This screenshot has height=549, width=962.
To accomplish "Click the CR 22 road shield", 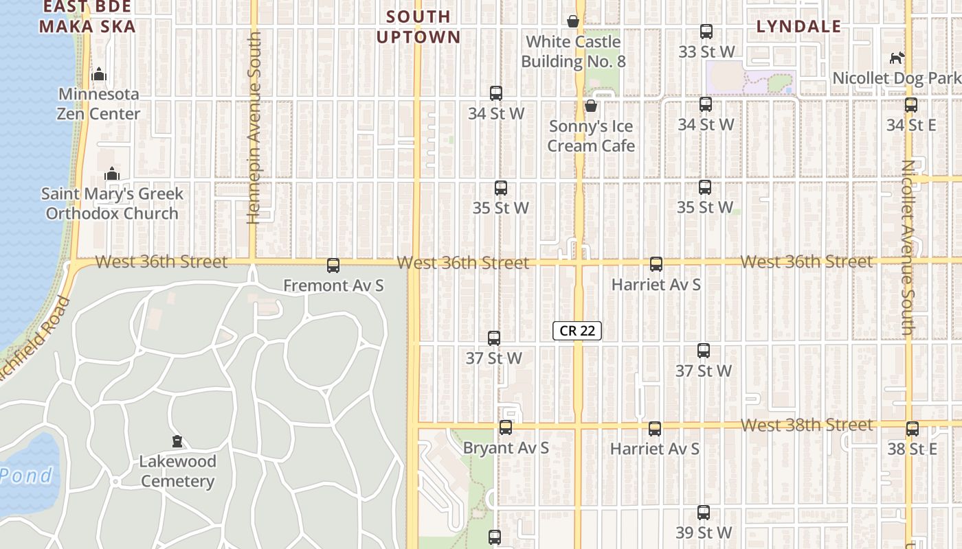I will click(577, 331).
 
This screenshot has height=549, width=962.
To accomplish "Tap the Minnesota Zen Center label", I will click(99, 104).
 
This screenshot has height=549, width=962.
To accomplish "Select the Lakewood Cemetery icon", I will click(177, 441).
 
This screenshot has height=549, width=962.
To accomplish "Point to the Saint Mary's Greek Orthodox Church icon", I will click(112, 174).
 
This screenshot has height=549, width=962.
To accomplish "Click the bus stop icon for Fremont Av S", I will click(333, 265).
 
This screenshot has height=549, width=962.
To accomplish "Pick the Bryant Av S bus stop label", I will click(506, 448).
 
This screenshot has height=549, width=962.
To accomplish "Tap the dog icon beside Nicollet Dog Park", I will click(897, 58).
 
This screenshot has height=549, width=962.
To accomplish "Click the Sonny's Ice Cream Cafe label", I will click(591, 136).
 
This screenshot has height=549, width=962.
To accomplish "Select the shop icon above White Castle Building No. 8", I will click(573, 22).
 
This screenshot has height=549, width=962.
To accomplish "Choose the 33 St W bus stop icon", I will click(706, 32).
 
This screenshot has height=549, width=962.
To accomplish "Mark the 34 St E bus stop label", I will click(911, 125).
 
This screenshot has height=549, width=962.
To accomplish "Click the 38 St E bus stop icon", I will click(912, 429).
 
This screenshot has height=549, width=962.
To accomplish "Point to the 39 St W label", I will click(704, 533).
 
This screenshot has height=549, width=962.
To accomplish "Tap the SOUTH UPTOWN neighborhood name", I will click(418, 26).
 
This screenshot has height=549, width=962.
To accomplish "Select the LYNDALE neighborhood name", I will click(798, 27).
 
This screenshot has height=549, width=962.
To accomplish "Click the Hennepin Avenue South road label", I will click(254, 127).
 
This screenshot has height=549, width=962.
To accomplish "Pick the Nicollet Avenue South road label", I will click(908, 247).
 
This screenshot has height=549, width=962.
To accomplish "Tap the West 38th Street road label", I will click(807, 425).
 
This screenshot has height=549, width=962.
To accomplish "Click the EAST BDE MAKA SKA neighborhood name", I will click(87, 16).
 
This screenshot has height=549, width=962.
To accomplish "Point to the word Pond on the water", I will click(26, 475).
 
